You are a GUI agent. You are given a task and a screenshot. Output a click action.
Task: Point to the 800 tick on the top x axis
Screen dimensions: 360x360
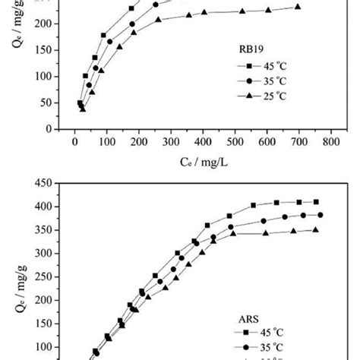[x=330, y=141]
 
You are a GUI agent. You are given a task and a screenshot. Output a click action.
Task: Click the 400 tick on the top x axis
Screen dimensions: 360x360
[x=202, y=141]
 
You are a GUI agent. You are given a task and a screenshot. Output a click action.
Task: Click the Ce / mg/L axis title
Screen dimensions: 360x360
[x=201, y=161]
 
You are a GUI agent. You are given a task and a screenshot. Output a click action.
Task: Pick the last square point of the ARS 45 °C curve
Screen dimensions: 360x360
[x=316, y=202]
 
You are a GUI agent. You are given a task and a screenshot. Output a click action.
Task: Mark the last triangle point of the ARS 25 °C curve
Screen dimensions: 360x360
[x=316, y=229]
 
